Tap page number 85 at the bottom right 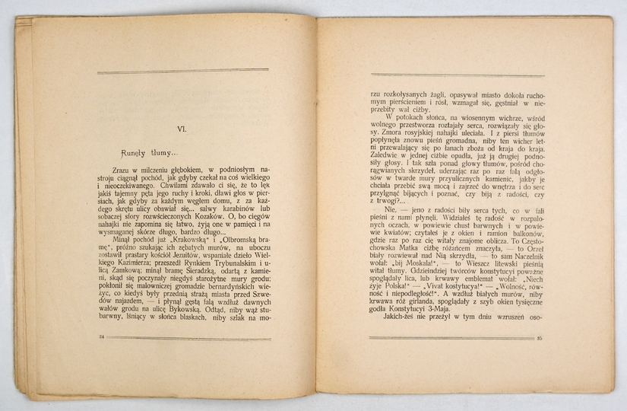(x=539, y=338)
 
